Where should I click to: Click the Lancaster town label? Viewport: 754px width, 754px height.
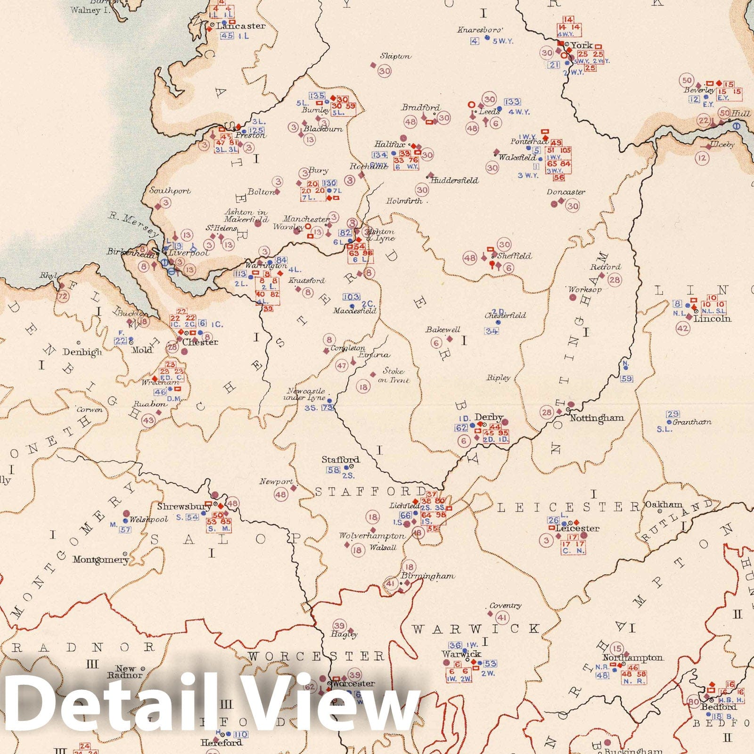click(241, 26)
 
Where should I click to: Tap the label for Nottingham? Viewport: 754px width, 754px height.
click(597, 418)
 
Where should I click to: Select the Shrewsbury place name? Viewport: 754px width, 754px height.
click(184, 507)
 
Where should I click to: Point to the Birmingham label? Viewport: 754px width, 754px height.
click(428, 576)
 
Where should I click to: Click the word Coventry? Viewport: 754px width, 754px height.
click(505, 606)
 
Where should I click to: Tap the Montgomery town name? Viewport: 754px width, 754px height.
click(100, 560)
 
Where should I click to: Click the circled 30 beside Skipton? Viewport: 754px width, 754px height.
click(385, 71)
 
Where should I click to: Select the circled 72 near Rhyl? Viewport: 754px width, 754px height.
click(62, 296)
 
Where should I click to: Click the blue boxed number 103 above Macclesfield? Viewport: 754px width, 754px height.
click(351, 297)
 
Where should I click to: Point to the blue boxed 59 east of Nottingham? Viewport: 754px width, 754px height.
click(626, 379)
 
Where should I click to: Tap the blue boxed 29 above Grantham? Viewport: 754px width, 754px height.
click(672, 414)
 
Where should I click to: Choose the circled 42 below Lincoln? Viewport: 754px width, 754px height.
click(682, 328)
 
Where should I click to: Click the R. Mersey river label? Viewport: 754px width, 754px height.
click(134, 224)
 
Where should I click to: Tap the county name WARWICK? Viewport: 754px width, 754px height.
click(475, 629)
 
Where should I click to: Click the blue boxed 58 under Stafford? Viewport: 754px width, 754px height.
click(333, 470)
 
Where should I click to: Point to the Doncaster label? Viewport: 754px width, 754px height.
click(566, 192)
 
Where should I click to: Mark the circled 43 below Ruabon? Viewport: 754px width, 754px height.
click(148, 420)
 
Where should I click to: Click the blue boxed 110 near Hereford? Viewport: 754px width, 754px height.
click(240, 734)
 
